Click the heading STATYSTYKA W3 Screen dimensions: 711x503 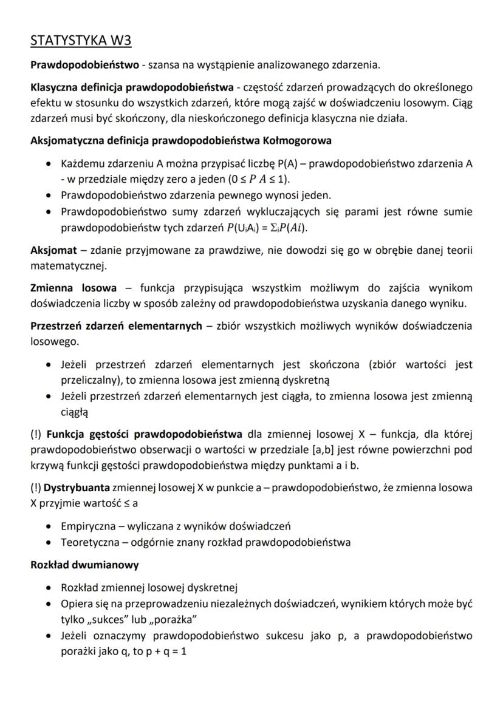81,41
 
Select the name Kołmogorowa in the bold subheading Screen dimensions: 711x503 298,141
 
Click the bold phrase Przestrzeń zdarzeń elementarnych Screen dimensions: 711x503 116,326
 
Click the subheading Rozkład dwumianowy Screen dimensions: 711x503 84,565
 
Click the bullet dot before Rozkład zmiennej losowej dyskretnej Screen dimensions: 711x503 49,588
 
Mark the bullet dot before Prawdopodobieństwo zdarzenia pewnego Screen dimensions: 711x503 49,196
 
